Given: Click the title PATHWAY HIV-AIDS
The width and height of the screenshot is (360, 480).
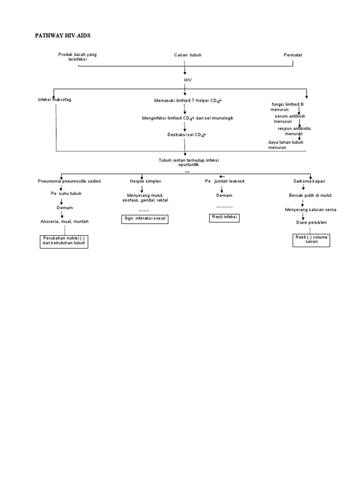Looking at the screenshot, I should pyautogui.click(x=66, y=36).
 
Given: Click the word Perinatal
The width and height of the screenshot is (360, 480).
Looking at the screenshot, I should pyautogui.click(x=293, y=55).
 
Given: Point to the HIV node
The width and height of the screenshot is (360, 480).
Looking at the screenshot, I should pyautogui.click(x=187, y=80).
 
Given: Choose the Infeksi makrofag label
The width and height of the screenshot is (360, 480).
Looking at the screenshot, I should pyautogui.click(x=55, y=100).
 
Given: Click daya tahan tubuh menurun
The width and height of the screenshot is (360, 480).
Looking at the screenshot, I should pyautogui.click(x=284, y=145).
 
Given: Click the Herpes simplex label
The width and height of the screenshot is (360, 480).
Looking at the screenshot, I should pyautogui.click(x=145, y=181).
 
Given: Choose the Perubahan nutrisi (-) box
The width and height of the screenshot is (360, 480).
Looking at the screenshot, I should pyautogui.click(x=63, y=241).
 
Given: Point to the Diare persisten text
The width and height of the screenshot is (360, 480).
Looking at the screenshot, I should pyautogui.click(x=311, y=222).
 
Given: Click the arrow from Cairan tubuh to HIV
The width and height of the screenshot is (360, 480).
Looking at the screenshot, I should pyautogui.click(x=185, y=68).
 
